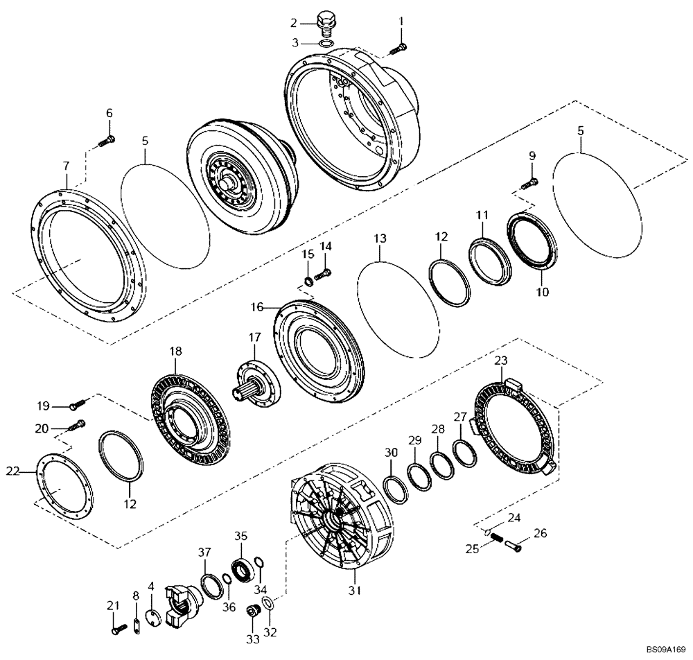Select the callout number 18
click(x=176, y=352)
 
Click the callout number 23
click(x=501, y=361)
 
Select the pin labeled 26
click(x=516, y=546)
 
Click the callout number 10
click(x=542, y=292)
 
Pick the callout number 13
click(x=380, y=238)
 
